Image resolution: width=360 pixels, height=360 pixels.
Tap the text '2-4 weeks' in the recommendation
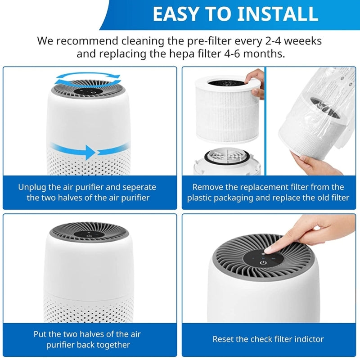288,41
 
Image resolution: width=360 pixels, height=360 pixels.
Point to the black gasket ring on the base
227,157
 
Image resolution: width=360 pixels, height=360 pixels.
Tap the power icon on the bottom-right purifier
263,262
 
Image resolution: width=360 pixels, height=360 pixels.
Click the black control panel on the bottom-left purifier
89,234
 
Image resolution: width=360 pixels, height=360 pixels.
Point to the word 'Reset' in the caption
223,339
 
